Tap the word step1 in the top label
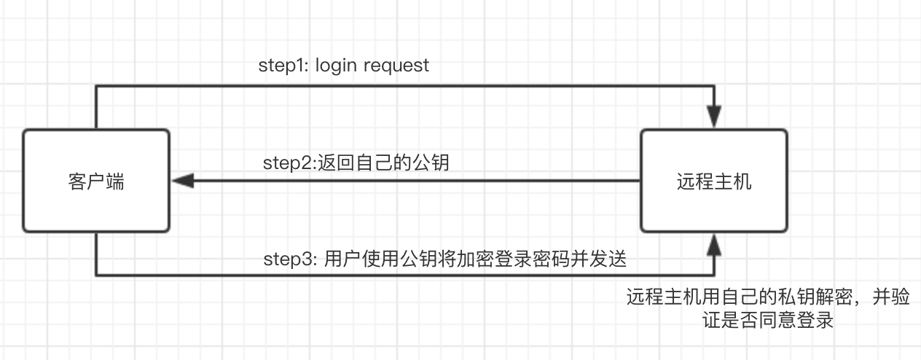[x=283, y=66]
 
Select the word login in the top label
[x=336, y=66]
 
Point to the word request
[x=396, y=66]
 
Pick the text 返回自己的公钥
[x=383, y=162]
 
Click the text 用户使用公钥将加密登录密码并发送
[x=475, y=259]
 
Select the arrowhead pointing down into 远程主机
[x=714, y=117]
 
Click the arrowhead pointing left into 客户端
[x=183, y=181]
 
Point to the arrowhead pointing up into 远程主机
[x=714, y=245]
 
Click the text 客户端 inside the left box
[x=96, y=181]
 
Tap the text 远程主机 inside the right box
[x=714, y=181]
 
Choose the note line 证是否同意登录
[x=768, y=320]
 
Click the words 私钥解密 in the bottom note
[x=815, y=297]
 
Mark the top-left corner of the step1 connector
[x=96, y=86]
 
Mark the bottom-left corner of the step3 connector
[x=96, y=275]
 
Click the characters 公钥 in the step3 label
[x=418, y=259]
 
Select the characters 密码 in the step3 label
[x=551, y=259]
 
